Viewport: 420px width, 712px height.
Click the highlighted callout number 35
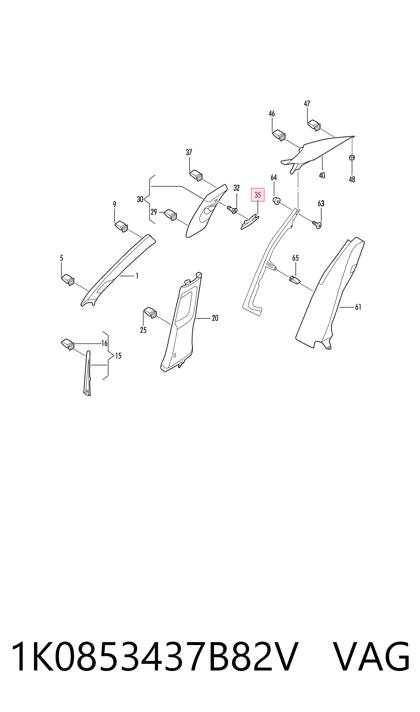click(258, 195)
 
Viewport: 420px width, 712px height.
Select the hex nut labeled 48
click(352, 158)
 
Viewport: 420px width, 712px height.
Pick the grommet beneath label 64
click(276, 201)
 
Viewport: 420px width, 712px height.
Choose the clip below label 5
click(68, 279)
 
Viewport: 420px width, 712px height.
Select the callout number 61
click(358, 307)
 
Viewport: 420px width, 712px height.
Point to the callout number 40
click(322, 175)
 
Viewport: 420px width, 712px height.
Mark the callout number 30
click(140, 199)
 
